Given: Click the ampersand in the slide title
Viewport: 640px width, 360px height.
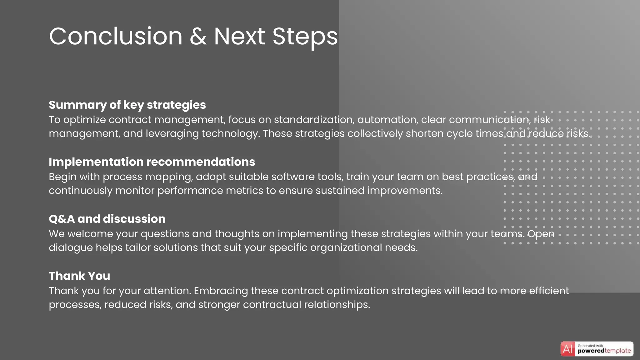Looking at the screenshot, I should [198, 37].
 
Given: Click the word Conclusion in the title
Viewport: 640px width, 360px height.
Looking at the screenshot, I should [116, 37].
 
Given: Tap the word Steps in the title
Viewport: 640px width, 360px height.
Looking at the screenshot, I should [305, 37].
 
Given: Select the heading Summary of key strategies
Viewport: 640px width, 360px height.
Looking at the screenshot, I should [127, 105].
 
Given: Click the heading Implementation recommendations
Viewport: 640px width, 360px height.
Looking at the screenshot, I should [152, 162].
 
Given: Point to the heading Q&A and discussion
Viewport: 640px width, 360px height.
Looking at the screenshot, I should [107, 219].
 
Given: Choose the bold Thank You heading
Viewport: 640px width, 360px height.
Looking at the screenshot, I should [79, 276].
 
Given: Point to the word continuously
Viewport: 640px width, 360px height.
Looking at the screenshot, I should [80, 191].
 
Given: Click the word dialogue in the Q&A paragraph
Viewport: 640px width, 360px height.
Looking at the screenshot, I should [71, 248].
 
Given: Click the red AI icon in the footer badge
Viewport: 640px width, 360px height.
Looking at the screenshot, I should [567, 349].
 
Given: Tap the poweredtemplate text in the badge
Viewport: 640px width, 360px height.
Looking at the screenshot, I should [604, 351].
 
